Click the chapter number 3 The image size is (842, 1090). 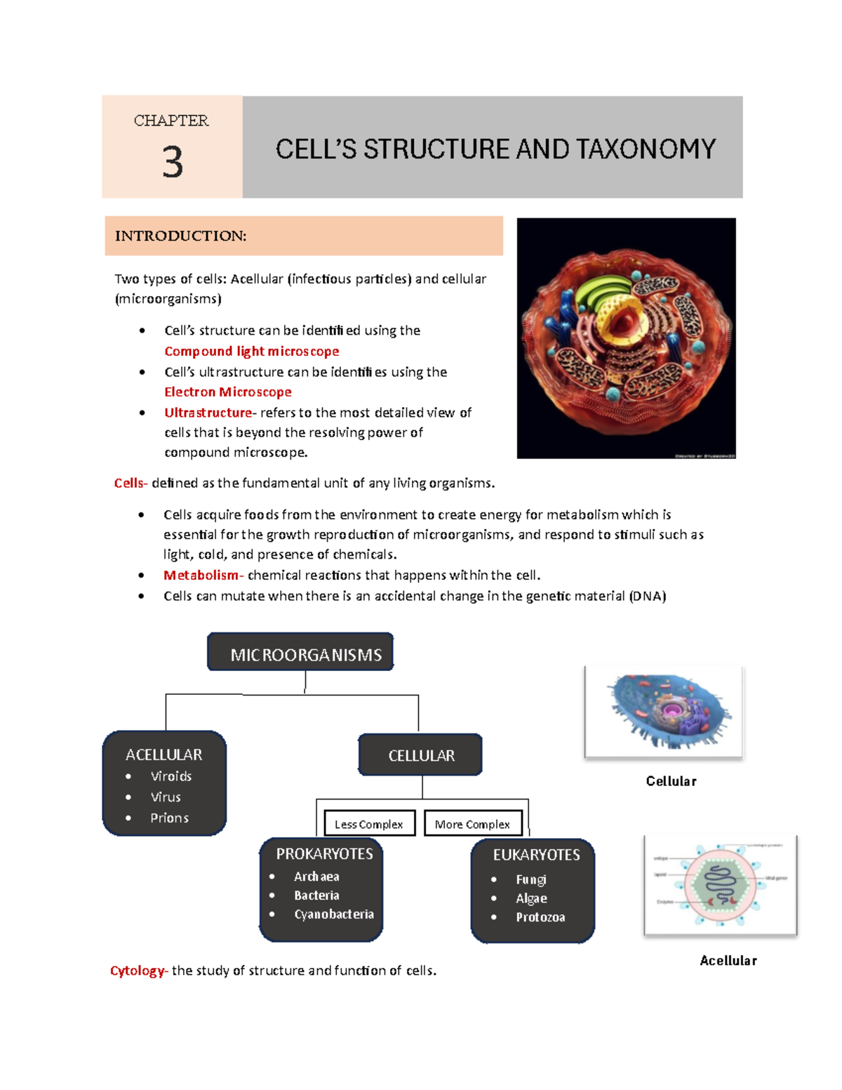173,162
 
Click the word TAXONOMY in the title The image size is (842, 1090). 646,149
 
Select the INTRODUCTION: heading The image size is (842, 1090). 180,236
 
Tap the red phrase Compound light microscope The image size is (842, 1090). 251,351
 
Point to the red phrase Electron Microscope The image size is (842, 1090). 227,392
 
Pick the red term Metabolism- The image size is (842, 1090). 203,575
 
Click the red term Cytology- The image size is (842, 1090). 138,971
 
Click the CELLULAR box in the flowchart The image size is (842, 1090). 421,755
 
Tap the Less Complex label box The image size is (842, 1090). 369,824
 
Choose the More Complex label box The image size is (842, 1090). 472,824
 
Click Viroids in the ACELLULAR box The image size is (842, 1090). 171,776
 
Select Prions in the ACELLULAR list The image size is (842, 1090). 169,818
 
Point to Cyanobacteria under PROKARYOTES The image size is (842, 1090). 333,914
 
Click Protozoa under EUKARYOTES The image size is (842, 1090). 540,917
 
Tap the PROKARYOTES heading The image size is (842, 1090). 324,854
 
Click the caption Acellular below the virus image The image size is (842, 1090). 728,960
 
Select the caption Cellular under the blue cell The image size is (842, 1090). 671,781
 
